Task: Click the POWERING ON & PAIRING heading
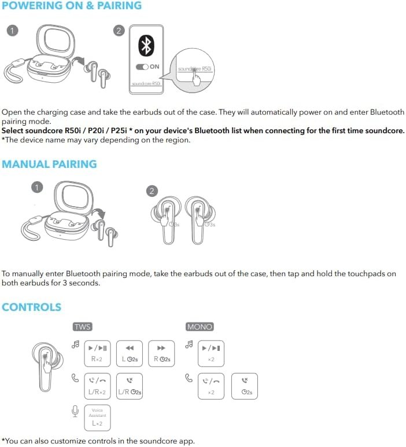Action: pos(72,6)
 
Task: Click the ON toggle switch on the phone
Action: pos(142,67)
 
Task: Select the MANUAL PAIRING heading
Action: pos(49,164)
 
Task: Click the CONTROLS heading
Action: pos(31,307)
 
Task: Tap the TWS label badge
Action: pos(83,327)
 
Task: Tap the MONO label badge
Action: pos(200,327)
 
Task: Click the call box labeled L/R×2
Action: pos(97,386)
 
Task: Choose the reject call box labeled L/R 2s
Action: pos(130,386)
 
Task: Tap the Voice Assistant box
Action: pos(97,417)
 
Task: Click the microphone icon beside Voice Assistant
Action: pos(75,411)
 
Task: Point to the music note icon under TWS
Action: pos(75,345)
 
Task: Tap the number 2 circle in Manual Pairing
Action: pos(152,191)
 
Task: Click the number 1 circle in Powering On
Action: pos(10,30)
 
